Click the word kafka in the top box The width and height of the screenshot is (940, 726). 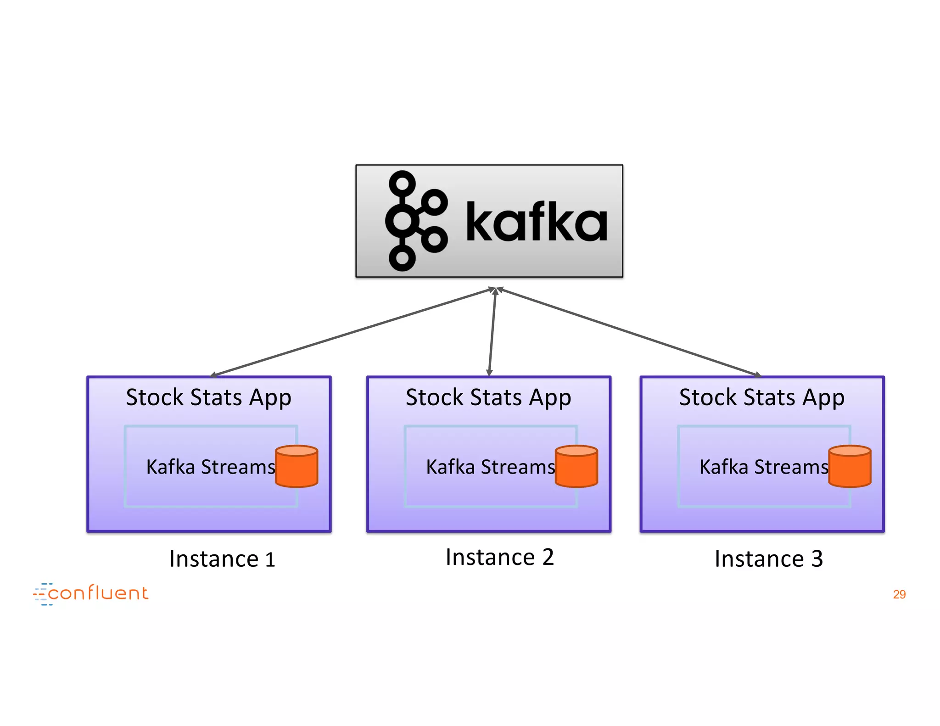click(x=536, y=222)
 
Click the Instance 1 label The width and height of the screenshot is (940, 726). click(x=222, y=559)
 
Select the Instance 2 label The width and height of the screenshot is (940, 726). click(x=499, y=557)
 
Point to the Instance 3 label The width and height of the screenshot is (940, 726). click(x=768, y=559)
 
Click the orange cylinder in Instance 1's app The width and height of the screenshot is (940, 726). click(x=297, y=466)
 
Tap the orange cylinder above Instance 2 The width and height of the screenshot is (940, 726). click(x=576, y=466)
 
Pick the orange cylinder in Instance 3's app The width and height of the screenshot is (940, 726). click(x=850, y=466)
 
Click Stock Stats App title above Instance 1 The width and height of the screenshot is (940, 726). click(x=208, y=397)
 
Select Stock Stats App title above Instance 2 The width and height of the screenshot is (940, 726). click(x=488, y=397)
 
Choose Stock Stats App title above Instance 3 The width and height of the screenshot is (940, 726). click(x=761, y=397)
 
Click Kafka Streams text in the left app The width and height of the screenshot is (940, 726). click(x=210, y=467)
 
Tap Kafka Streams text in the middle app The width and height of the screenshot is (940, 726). click(x=490, y=467)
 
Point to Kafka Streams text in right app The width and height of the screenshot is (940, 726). click(x=763, y=467)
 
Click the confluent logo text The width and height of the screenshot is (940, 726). click(x=98, y=593)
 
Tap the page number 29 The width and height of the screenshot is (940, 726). click(x=899, y=594)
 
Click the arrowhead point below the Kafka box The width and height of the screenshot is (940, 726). click(x=495, y=290)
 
